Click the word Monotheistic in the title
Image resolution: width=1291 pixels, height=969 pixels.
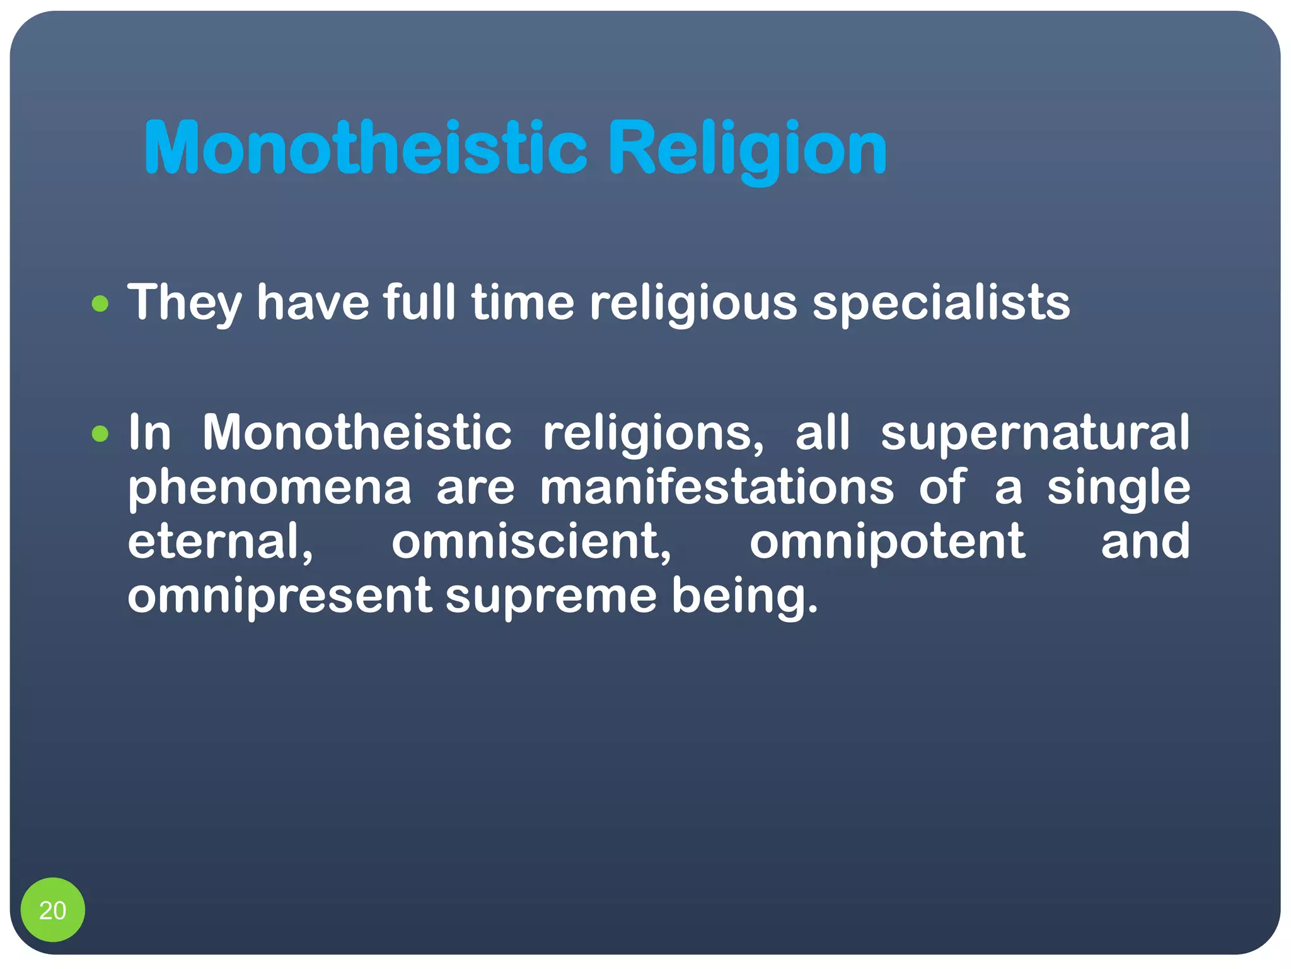point(366,148)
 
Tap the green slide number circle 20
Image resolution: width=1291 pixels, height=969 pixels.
point(52,910)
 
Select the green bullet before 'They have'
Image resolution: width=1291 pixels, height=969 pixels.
point(100,305)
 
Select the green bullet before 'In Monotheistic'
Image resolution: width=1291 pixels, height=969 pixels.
point(100,434)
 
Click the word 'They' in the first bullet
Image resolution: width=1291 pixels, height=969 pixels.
point(184,303)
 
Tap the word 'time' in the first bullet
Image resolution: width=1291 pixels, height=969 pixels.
point(523,303)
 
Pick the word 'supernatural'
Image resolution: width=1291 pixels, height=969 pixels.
point(1035,434)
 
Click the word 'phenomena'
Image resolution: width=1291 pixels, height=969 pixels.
point(269,488)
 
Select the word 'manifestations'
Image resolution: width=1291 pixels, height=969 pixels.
point(717,487)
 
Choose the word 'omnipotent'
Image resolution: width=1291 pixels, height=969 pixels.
point(887,543)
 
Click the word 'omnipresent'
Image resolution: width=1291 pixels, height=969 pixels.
point(279,597)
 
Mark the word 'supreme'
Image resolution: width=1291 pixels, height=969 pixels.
point(551,597)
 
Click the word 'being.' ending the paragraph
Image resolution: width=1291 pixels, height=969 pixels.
point(744,597)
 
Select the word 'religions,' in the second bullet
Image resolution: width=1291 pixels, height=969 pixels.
point(654,434)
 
